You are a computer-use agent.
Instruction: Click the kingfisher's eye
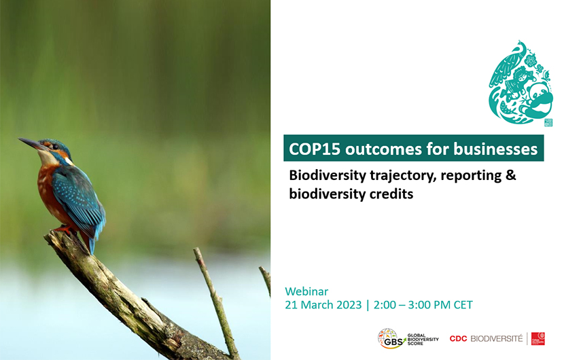[55, 146]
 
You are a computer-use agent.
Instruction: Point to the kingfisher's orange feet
[64, 229]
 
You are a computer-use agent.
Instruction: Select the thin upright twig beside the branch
[217, 302]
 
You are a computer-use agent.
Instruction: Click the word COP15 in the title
[315, 149]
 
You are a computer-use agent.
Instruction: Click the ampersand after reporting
[511, 175]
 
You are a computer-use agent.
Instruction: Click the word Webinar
[306, 291]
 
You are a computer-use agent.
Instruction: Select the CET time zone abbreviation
[463, 305]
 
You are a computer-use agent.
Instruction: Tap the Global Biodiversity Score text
[423, 339]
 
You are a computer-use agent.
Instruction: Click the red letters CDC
[458, 339]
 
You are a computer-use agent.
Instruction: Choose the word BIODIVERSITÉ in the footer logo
[496, 339]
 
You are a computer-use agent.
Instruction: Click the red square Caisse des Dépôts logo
[538, 339]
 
